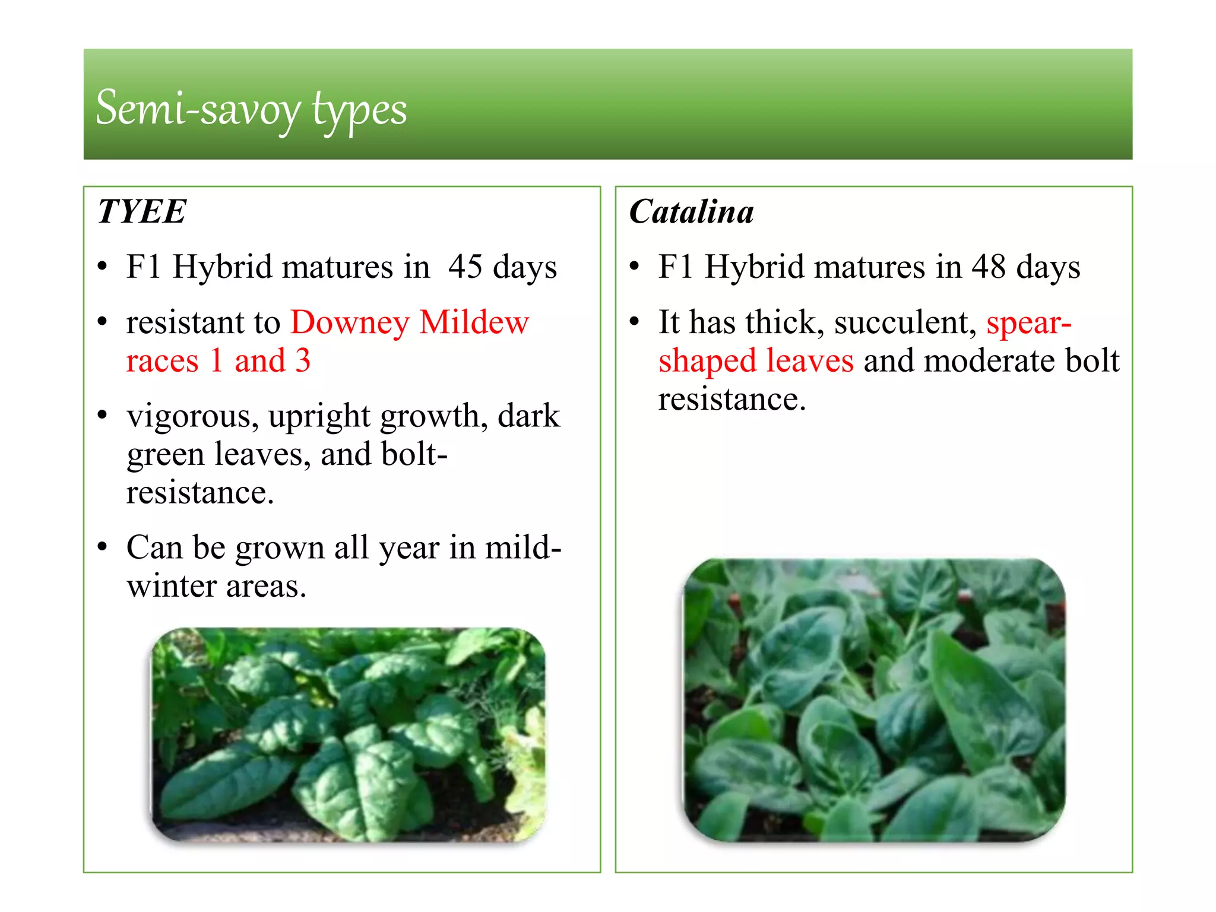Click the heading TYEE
(142, 211)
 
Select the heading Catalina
(691, 212)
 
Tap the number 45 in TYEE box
(465, 267)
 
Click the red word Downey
(350, 322)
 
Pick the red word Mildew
(474, 322)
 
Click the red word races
(162, 361)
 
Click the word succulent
(905, 324)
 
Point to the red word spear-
(1028, 324)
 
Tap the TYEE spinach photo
(348, 734)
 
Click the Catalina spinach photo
(874, 700)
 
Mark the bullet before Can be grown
(103, 547)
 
